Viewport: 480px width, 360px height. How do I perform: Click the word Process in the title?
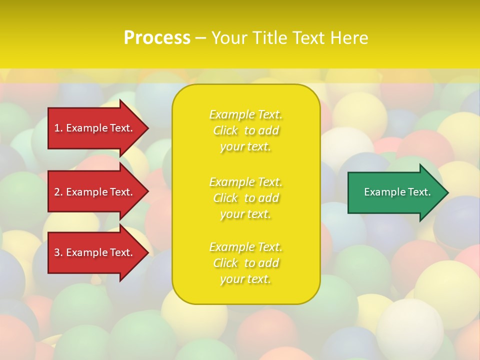pyautogui.click(x=157, y=38)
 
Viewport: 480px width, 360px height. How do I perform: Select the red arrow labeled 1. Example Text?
pyautogui.click(x=95, y=128)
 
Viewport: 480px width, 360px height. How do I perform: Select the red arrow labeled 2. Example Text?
pyautogui.click(x=95, y=192)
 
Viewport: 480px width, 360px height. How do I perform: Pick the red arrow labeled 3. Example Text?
pyautogui.click(x=95, y=252)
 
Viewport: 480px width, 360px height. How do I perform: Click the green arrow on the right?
pyautogui.click(x=395, y=192)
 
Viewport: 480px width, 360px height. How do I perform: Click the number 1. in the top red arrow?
pyautogui.click(x=58, y=128)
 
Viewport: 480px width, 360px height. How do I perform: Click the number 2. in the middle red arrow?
pyautogui.click(x=58, y=192)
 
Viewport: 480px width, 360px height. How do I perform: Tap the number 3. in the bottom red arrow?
pyautogui.click(x=58, y=252)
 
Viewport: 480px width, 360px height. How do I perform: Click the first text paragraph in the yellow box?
pyautogui.click(x=246, y=130)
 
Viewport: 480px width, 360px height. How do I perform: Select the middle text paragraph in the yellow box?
pyautogui.click(x=246, y=198)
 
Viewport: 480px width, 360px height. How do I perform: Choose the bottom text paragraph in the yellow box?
pyautogui.click(x=246, y=263)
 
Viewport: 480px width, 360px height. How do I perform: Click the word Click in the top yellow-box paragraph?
pyautogui.click(x=225, y=130)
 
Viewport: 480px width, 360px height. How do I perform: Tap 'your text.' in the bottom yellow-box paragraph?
pyautogui.click(x=245, y=279)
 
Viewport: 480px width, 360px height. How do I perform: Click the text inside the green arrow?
pyautogui.click(x=397, y=192)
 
